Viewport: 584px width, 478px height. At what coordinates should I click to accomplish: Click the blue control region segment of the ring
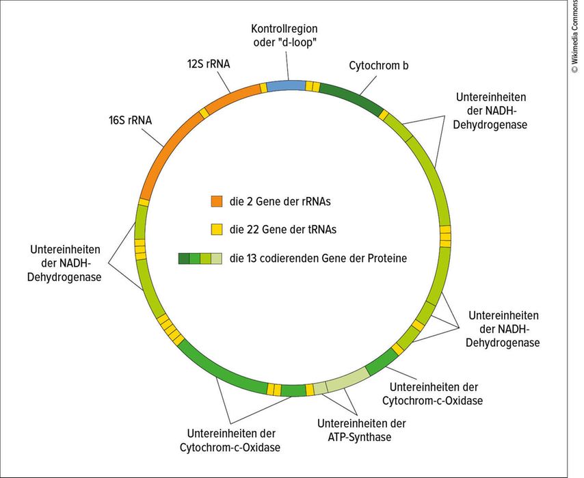pos(285,85)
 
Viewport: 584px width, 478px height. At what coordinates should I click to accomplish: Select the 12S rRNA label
pos(209,64)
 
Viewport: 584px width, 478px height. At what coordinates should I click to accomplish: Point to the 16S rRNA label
pos(130,120)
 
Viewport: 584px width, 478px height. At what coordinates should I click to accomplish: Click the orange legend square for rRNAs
pos(217,201)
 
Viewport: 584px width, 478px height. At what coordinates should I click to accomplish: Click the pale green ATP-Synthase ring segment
pos(346,380)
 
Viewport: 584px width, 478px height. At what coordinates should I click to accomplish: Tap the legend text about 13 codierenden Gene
pos(318,258)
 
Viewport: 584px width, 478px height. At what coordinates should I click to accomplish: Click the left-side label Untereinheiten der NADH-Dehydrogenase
pos(66,263)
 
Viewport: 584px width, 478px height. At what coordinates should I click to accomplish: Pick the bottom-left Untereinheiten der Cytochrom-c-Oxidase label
pos(230,440)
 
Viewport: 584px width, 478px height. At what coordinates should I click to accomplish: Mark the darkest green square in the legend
pos(184,258)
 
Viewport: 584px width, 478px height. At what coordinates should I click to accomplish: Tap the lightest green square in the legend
pos(217,258)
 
